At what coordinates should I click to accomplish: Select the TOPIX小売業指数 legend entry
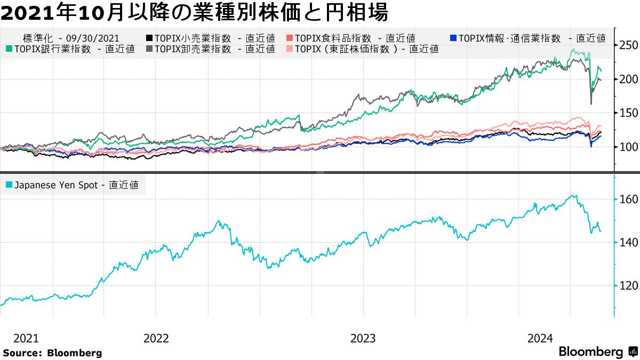pyautogui.click(x=210, y=38)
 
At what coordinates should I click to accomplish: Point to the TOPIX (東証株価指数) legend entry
pyautogui.click(x=363, y=49)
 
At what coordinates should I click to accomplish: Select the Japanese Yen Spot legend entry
pyautogui.click(x=72, y=185)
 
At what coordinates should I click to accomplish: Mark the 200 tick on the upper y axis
pyautogui.click(x=627, y=79)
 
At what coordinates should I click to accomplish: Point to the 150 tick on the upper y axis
pyautogui.click(x=627, y=113)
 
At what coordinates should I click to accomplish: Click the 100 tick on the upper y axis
pyautogui.click(x=627, y=147)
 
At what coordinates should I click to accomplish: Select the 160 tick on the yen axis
pyautogui.click(x=627, y=199)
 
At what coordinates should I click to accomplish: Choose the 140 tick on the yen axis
pyautogui.click(x=627, y=243)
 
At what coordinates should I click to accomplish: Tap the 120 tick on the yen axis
pyautogui.click(x=627, y=286)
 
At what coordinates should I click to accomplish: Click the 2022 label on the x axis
pyautogui.click(x=156, y=338)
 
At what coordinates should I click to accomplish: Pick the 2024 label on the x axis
pyautogui.click(x=540, y=338)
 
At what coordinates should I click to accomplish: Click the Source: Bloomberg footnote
pyautogui.click(x=52, y=353)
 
